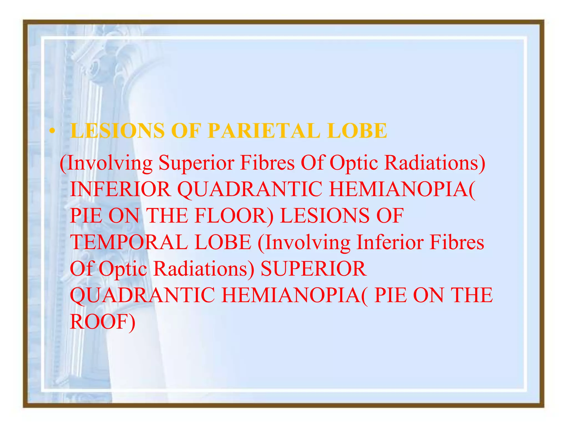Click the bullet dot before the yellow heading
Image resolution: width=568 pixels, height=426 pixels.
[x=52, y=131]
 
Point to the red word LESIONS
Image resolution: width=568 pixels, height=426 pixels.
[x=325, y=216]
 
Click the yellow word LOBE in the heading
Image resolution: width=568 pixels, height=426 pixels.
[x=357, y=131]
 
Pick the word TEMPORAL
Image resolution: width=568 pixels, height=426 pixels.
[x=129, y=242]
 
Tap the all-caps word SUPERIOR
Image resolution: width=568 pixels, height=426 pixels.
[x=313, y=269]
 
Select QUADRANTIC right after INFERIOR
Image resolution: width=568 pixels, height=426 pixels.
[x=250, y=189]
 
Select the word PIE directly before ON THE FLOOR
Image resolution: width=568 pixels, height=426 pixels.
[x=86, y=216]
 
